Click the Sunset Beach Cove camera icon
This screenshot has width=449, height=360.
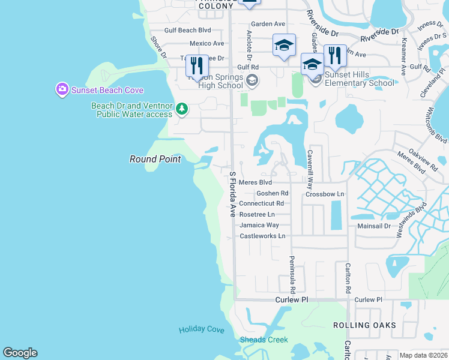62,90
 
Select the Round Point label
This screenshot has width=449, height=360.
147,159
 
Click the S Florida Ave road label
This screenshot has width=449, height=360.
232,194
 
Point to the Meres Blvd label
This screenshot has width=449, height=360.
255,182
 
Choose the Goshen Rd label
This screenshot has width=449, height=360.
272,193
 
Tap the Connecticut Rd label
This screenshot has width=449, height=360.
261,203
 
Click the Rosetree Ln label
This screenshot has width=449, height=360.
257,214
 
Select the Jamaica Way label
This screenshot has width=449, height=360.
259,225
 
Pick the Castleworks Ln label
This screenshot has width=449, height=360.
262,236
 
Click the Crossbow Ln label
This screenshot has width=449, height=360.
325,194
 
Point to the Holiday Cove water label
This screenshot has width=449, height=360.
201,330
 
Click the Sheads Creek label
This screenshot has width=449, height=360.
264,340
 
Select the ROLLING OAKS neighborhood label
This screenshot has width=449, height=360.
364,325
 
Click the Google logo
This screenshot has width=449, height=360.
20,353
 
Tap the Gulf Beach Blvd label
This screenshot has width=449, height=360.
188,30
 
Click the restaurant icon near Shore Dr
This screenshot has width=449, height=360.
197,65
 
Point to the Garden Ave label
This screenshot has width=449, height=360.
268,24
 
